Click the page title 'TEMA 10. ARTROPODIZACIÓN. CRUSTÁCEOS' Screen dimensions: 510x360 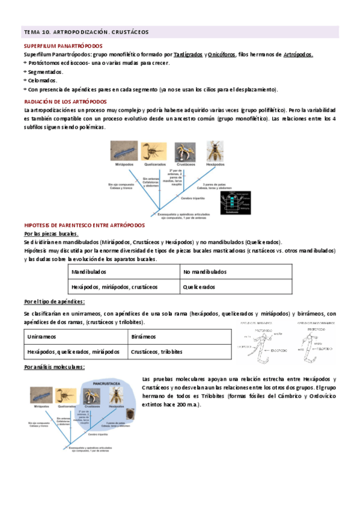[x=85, y=31]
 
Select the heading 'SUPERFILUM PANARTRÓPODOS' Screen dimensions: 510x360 [x=63, y=46]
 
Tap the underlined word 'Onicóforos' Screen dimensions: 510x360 [x=222, y=55]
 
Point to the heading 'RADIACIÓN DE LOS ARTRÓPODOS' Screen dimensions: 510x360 [x=65, y=102]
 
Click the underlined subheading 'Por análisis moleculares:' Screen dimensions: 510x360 [x=55, y=367]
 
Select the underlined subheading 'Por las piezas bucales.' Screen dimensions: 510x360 [x=51, y=233]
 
